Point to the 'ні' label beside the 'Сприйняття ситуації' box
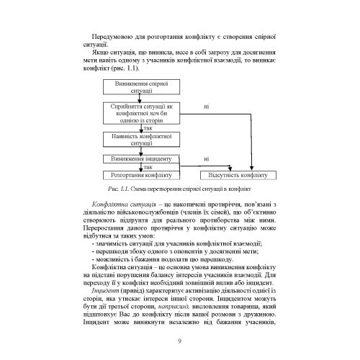coord(207,107)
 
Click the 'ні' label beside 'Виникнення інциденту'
coord(207,158)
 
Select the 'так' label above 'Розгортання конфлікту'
coord(148,167)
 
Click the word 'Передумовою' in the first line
coord(112,35)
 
